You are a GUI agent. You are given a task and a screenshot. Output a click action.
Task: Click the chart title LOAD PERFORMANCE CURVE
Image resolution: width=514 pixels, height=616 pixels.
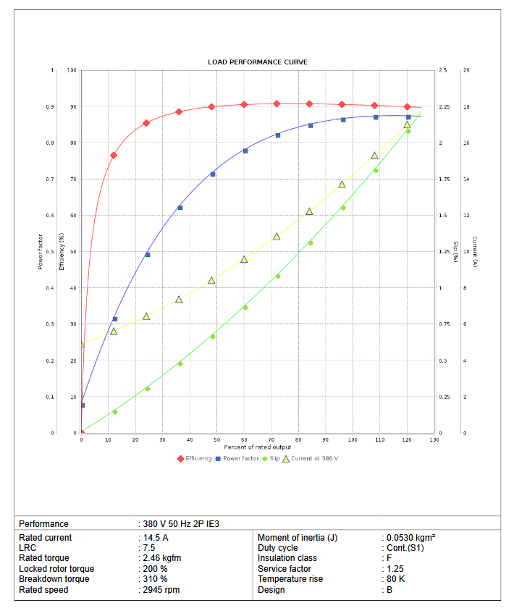(x=257, y=62)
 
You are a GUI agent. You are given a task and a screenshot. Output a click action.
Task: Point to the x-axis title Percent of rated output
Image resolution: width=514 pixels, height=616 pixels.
(x=257, y=447)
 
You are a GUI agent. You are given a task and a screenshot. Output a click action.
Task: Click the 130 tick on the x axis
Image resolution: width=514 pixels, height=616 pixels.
(x=434, y=439)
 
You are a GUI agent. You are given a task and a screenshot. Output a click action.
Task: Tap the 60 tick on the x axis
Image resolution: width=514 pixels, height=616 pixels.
(x=244, y=439)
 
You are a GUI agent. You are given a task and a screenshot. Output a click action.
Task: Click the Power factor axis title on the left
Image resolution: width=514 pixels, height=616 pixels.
(x=40, y=252)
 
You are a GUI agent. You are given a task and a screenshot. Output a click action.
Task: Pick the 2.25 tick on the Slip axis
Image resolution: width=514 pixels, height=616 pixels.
(x=444, y=107)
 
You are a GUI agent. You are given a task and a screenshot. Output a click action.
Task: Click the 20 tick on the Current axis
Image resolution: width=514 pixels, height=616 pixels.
(x=466, y=70)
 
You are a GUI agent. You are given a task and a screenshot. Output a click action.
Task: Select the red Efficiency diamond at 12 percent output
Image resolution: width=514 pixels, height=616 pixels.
(x=114, y=155)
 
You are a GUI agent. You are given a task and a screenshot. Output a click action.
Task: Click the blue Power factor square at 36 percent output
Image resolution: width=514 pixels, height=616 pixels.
(x=180, y=208)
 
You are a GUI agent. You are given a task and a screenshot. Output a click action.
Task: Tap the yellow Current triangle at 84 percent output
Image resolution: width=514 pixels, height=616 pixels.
(x=309, y=211)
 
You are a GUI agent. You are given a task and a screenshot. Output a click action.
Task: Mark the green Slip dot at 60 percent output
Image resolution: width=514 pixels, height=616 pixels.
(x=245, y=307)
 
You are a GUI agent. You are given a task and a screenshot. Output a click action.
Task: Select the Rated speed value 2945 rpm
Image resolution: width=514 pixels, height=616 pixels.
(x=161, y=590)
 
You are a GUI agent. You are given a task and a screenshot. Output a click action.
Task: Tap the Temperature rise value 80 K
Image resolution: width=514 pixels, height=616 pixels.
(x=395, y=579)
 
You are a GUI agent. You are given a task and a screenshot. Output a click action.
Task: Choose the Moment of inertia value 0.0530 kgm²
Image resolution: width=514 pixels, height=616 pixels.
(x=410, y=538)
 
